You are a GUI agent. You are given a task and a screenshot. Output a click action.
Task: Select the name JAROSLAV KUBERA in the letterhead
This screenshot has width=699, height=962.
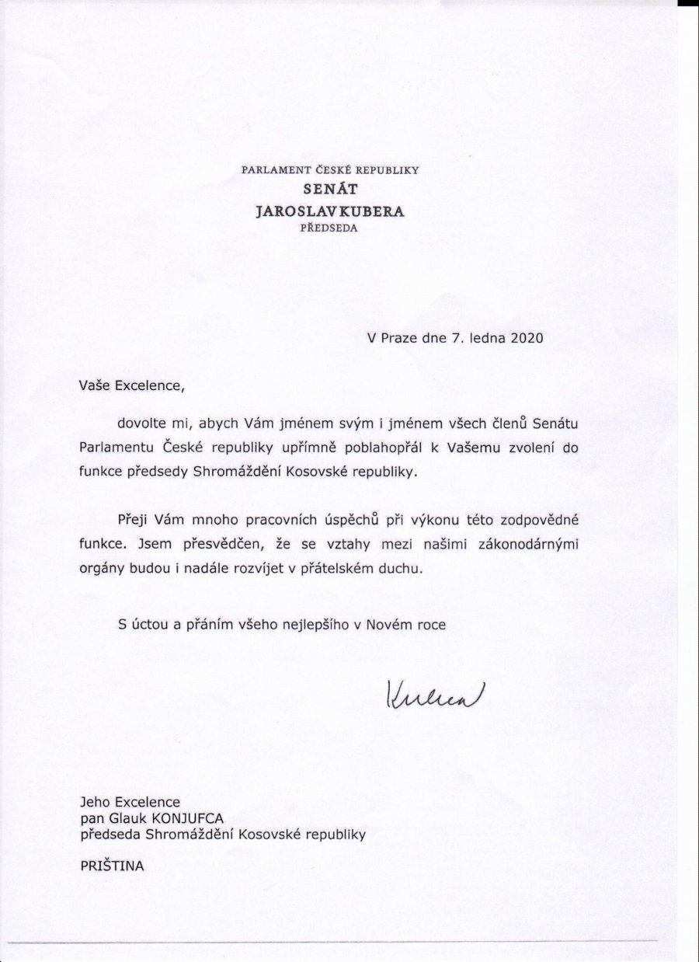(x=330, y=211)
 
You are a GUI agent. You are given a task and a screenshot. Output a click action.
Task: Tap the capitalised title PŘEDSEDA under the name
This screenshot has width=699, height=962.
(x=330, y=228)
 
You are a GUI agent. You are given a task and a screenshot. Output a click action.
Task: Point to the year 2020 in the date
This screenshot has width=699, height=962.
(x=525, y=338)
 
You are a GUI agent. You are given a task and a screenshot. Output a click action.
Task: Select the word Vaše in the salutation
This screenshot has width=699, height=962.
(x=95, y=383)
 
